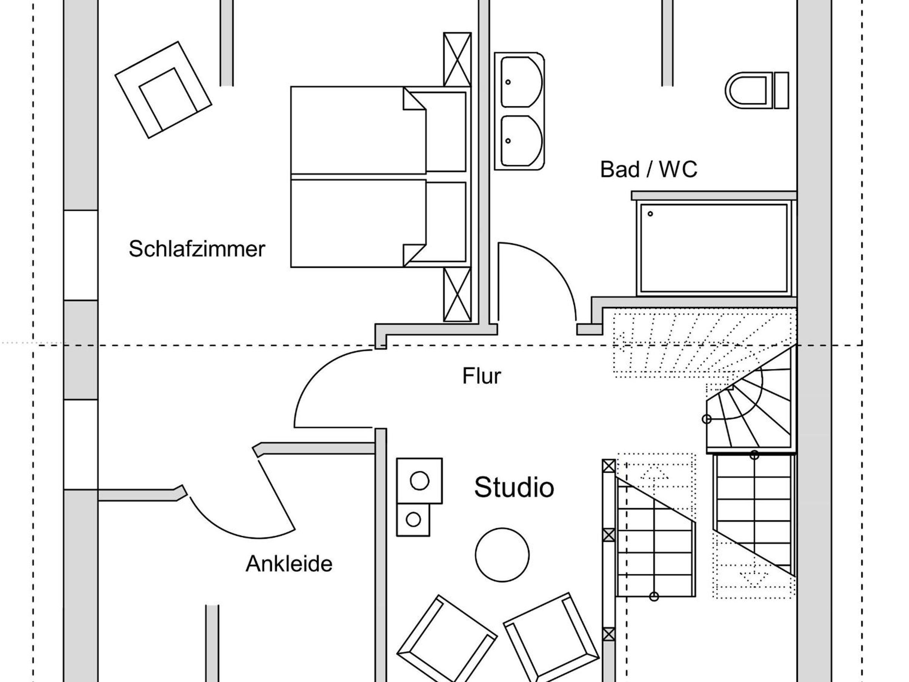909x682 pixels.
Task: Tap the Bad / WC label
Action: point(648,169)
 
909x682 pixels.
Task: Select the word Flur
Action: point(482,376)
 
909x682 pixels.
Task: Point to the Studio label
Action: point(514,488)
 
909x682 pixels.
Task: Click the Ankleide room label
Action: point(289,564)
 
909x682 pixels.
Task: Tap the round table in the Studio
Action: point(502,555)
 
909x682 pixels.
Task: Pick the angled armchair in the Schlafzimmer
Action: point(163,90)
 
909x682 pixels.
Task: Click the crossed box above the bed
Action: point(457,59)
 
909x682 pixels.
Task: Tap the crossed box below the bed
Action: point(457,294)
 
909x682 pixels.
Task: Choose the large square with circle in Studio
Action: point(419,480)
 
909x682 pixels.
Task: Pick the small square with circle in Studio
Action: point(413,519)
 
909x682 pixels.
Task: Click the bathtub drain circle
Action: point(650,214)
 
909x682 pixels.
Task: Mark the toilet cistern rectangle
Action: point(781,91)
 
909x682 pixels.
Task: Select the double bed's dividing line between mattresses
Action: point(358,177)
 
